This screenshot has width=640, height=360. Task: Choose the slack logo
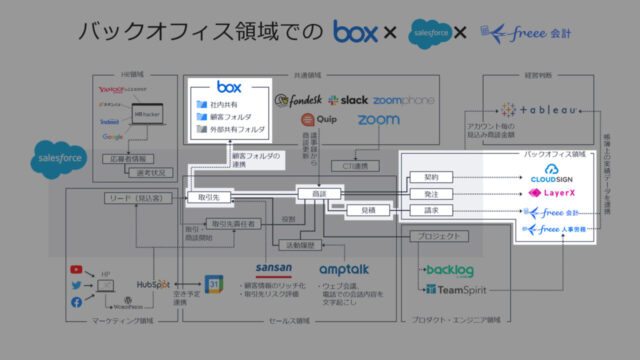(347, 100)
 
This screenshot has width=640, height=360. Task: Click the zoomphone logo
(405, 100)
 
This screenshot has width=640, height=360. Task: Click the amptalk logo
(343, 269)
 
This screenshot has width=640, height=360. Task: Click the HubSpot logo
(155, 284)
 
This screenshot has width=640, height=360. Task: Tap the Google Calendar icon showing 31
(212, 283)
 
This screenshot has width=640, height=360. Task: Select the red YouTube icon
(77, 269)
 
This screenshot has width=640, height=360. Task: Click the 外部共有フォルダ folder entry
(237, 129)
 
